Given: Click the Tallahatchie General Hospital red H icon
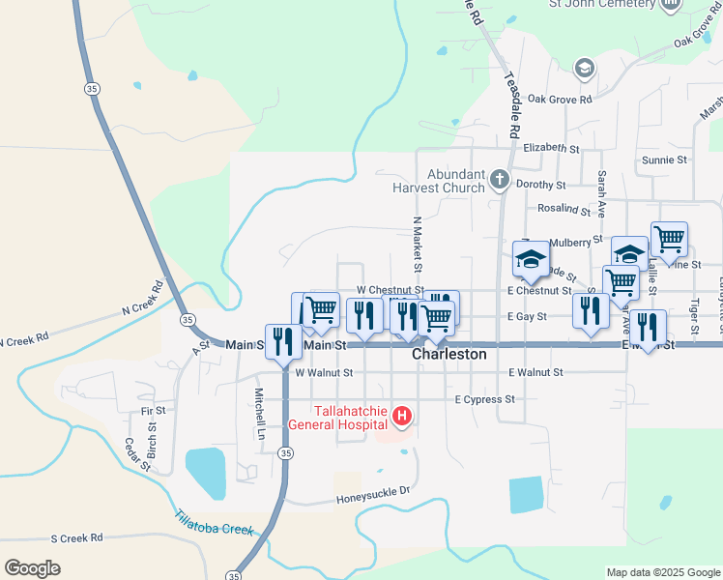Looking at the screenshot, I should point(402,418).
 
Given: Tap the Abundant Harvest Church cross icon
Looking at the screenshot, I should point(499,179).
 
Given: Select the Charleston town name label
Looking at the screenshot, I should point(449,355).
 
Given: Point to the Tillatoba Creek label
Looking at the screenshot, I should point(215,523).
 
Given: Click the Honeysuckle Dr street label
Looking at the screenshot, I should point(373,500).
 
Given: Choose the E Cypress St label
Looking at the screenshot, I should point(485,399).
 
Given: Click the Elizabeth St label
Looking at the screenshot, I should point(550,149).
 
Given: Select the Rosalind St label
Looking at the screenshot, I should point(564,209).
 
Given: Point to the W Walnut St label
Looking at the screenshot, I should point(324,372).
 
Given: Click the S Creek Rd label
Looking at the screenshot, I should point(76,537).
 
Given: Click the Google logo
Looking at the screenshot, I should point(32,568).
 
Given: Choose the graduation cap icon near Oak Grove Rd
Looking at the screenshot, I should point(584,69).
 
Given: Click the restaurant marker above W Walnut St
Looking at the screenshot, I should point(283,340).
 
